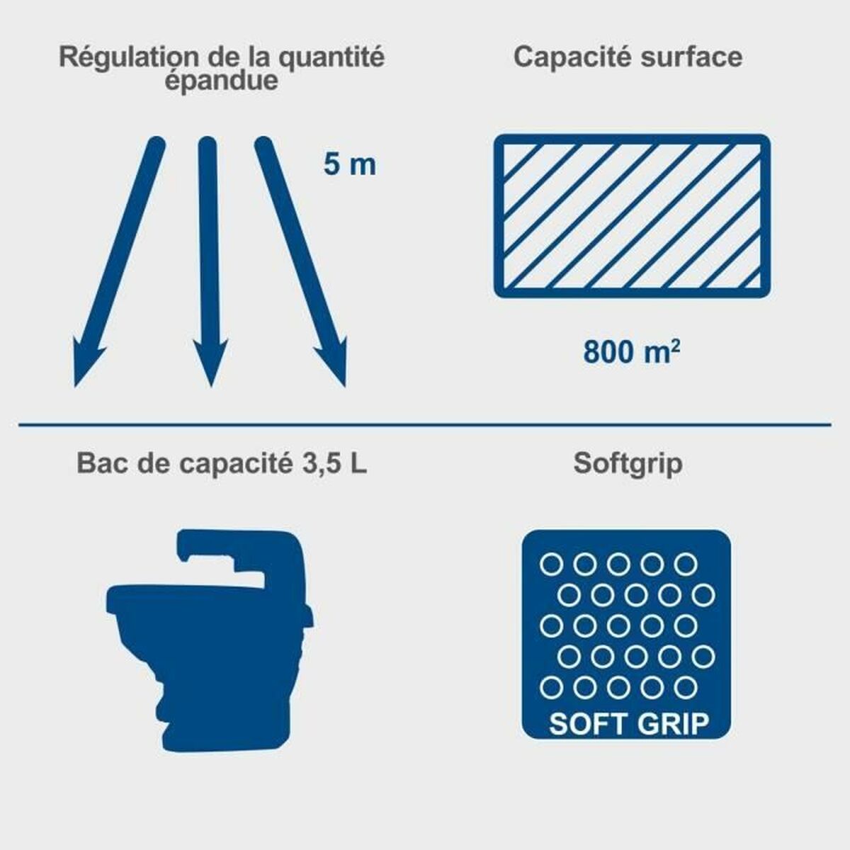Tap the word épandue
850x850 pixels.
(x=221, y=80)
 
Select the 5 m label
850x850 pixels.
(x=349, y=165)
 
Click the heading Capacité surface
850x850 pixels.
(x=628, y=57)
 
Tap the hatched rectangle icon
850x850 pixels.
(x=632, y=216)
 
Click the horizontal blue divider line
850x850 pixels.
(x=425, y=425)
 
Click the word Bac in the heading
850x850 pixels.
(x=98, y=464)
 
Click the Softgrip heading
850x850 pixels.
(x=628, y=464)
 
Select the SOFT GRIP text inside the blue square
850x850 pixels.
(x=628, y=724)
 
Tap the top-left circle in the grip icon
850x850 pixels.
(x=550, y=565)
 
